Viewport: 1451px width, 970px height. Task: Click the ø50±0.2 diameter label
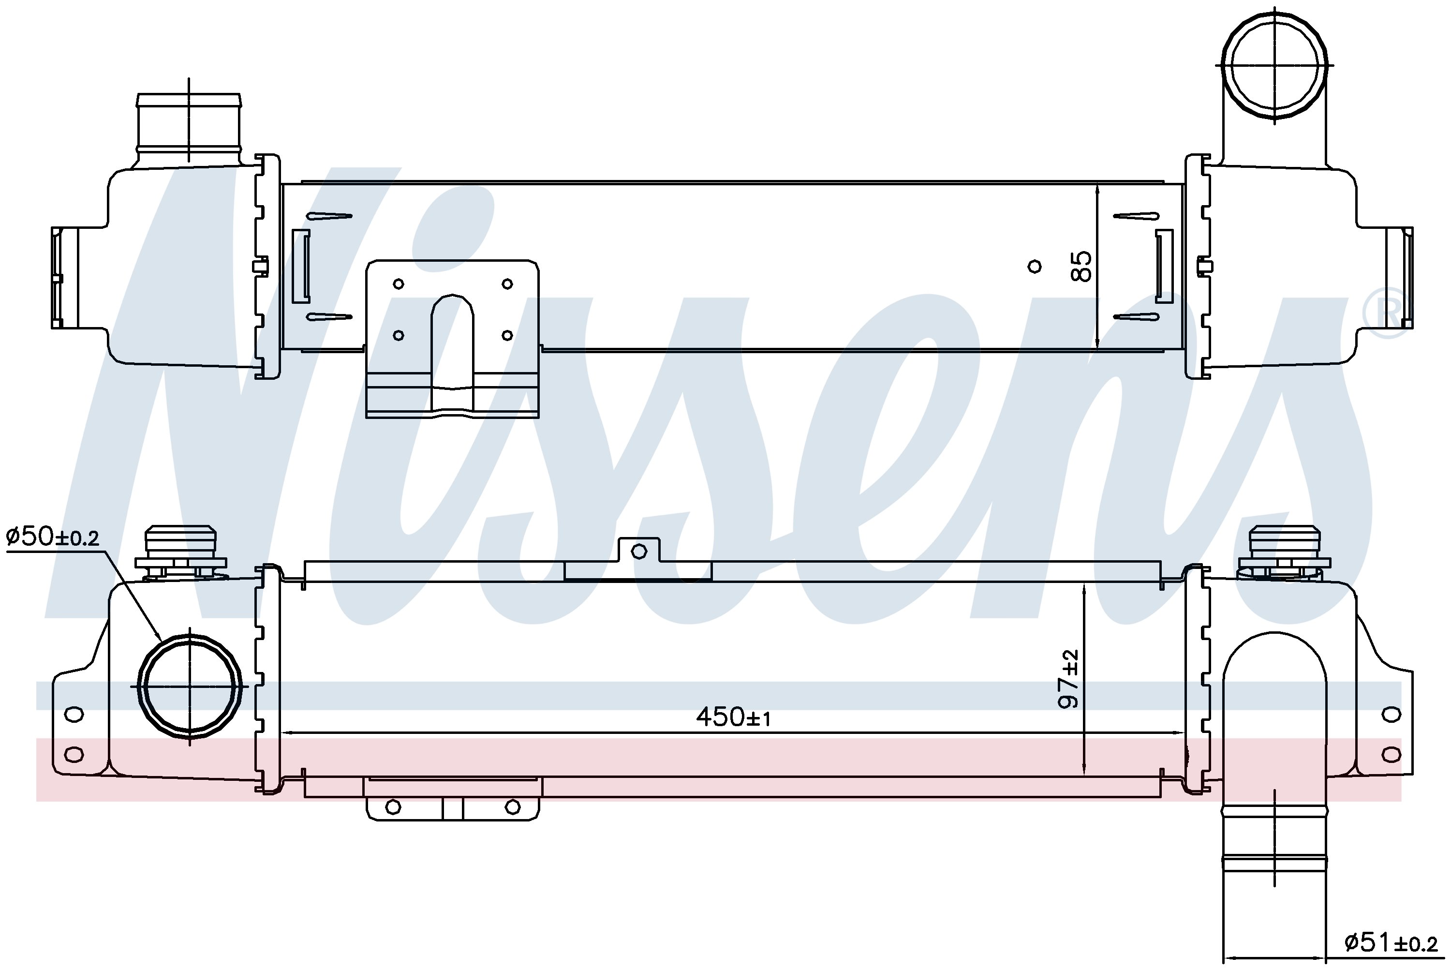pyautogui.click(x=53, y=537)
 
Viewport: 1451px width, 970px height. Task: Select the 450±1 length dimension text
pyautogui.click(x=734, y=717)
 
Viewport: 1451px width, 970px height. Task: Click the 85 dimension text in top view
pyautogui.click(x=1082, y=266)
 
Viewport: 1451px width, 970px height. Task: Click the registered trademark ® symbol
pyautogui.click(x=1388, y=313)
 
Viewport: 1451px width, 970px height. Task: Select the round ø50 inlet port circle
pyautogui.click(x=190, y=686)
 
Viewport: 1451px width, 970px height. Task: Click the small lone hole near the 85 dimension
pyautogui.click(x=1034, y=267)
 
